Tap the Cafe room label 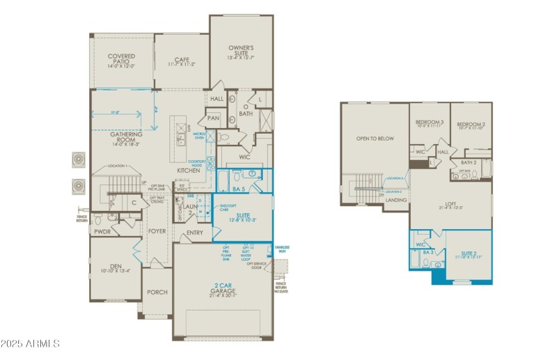click(182, 60)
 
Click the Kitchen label click(188, 170)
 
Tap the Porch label click(157, 292)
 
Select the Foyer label click(157, 231)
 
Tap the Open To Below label click(375, 139)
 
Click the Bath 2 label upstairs click(469, 162)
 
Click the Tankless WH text click(282, 249)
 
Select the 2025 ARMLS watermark click(31, 344)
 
